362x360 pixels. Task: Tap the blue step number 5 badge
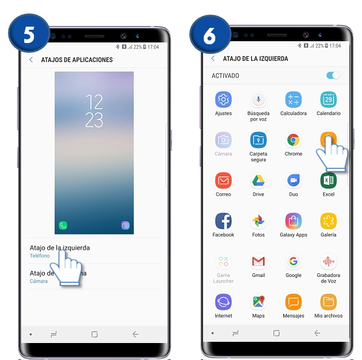click(x=28, y=35)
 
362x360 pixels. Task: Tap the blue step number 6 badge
click(x=210, y=35)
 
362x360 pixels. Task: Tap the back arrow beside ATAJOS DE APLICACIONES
click(x=31, y=60)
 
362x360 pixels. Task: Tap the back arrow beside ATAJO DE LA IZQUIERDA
click(x=213, y=59)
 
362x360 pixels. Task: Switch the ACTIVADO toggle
click(x=333, y=76)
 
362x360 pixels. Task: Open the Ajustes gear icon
click(x=223, y=99)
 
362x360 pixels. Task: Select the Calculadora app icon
click(x=293, y=99)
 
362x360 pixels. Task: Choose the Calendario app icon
click(x=328, y=99)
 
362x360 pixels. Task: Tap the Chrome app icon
click(x=293, y=140)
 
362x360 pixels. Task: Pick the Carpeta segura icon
click(x=258, y=140)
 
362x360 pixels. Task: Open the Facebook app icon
click(x=223, y=221)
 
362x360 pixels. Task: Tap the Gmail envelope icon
click(x=258, y=261)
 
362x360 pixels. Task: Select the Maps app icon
click(x=258, y=302)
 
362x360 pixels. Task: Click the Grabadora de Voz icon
click(x=328, y=261)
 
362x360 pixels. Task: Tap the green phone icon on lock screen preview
click(x=62, y=225)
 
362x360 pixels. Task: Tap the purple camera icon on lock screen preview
click(x=125, y=225)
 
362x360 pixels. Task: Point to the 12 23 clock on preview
click(x=94, y=111)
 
